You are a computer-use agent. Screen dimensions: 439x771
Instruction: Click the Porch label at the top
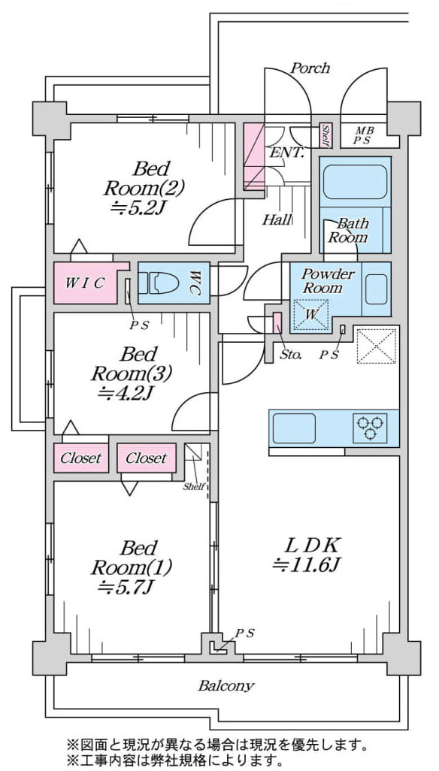pyautogui.click(x=310, y=68)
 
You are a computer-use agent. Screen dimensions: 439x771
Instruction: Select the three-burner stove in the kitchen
pyautogui.click(x=370, y=428)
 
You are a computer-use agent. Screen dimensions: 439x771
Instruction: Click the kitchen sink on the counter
pyautogui.click(x=294, y=428)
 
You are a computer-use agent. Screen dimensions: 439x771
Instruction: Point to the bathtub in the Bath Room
pyautogui.click(x=355, y=182)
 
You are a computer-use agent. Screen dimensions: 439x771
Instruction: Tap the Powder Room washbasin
pyautogui.click(x=377, y=289)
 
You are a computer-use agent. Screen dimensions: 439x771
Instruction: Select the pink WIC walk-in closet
pyautogui.click(x=89, y=283)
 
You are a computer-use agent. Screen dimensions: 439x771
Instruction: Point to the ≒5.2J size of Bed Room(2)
pyautogui.click(x=135, y=208)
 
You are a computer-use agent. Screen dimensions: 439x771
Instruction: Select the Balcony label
pyautogui.click(x=226, y=685)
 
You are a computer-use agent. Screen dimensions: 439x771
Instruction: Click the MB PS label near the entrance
pyautogui.click(x=365, y=135)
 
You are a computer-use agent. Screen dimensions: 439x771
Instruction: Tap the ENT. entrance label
pyautogui.click(x=286, y=152)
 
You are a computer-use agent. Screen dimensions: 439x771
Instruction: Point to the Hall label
pyautogui.click(x=277, y=219)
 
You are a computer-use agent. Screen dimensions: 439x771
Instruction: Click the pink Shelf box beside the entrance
pyautogui.click(x=325, y=135)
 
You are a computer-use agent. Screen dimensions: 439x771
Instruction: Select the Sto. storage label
pyautogui.click(x=291, y=355)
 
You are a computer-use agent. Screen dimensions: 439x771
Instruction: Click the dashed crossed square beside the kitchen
pyautogui.click(x=376, y=346)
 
